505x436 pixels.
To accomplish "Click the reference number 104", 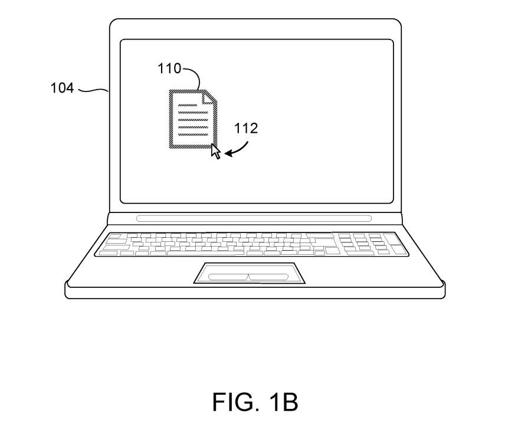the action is (62, 88).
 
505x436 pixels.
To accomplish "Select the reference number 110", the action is (169, 68).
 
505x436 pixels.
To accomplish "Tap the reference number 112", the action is (246, 128).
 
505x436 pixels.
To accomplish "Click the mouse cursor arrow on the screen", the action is (216, 152).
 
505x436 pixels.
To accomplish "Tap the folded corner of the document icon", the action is (208, 98).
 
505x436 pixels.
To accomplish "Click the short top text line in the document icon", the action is (187, 105).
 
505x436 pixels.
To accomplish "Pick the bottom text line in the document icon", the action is (194, 135).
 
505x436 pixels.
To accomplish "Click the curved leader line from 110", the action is (192, 77).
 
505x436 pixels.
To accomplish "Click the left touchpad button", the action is (228, 277).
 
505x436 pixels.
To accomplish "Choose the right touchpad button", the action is (268, 277).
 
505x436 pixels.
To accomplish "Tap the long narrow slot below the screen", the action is (254, 219).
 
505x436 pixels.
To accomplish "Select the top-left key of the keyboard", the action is (114, 237).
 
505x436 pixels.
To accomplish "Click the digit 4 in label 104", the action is (70, 88).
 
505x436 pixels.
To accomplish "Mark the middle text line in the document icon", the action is (194, 120).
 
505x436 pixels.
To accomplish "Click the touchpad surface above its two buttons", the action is (250, 268).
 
